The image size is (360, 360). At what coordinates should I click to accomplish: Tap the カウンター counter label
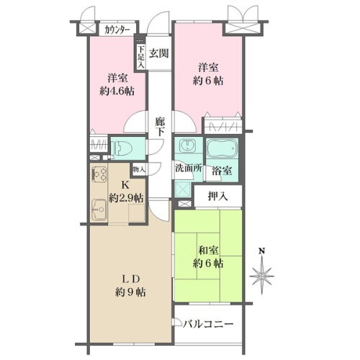116,30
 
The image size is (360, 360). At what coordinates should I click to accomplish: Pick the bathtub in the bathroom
219,149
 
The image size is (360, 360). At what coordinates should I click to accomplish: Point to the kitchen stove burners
99,176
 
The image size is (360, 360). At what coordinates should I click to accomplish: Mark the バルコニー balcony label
209,325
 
